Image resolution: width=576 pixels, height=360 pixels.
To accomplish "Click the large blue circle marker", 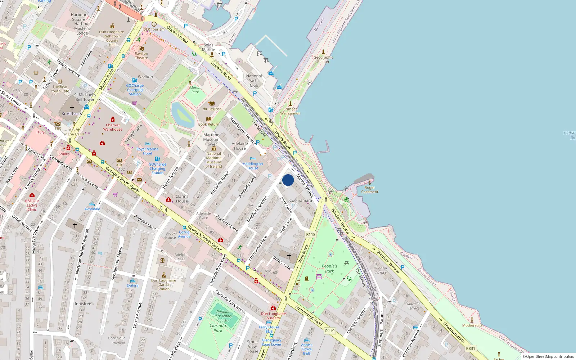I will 288,180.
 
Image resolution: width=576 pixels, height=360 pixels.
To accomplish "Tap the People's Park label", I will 329,269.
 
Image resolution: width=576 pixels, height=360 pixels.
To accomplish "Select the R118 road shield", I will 311,234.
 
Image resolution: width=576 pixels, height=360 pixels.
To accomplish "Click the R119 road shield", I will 330,331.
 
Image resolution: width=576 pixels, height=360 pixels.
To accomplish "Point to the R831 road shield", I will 471,348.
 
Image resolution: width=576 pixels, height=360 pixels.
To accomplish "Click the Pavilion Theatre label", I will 141,55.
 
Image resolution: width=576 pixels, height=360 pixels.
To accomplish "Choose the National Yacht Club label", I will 254,81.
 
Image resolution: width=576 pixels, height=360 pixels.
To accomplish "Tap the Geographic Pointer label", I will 323,59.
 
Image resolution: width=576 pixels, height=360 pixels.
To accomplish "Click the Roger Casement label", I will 370,190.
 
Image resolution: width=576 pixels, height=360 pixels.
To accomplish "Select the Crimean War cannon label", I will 291,111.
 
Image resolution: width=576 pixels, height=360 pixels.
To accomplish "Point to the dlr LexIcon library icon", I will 212,104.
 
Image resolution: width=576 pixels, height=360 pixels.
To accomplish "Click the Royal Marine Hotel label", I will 147,151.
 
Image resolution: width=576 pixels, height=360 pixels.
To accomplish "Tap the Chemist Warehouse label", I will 113,127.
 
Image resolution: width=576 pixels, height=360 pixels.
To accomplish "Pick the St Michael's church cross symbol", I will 72,108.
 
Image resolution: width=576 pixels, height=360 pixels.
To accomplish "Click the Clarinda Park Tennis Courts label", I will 222,316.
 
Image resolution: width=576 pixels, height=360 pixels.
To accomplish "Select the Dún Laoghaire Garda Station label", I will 163,284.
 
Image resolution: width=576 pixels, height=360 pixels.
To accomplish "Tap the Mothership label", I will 472,325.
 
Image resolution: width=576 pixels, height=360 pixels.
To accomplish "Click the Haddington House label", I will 253,166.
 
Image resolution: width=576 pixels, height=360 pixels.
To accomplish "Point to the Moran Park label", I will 195,90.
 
